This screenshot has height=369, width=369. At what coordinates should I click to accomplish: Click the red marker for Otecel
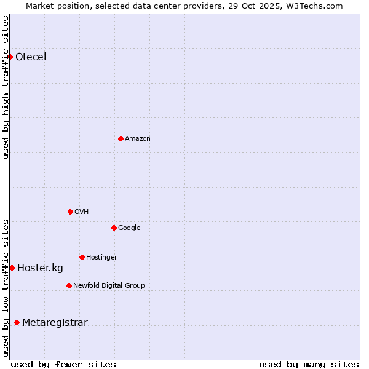(10, 57)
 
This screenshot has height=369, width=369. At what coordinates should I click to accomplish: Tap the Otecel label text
(31, 57)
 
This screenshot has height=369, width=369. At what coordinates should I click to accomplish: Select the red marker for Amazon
(121, 138)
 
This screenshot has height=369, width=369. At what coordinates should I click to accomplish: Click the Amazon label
(138, 139)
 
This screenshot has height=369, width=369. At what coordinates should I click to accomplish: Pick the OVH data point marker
(70, 212)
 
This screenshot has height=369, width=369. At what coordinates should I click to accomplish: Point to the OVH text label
(82, 212)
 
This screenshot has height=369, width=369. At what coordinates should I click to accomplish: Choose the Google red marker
(114, 228)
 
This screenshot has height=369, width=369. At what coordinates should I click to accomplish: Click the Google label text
(129, 228)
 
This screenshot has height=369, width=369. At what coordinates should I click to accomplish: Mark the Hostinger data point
(82, 257)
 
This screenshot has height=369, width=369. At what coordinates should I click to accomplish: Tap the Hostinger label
(101, 258)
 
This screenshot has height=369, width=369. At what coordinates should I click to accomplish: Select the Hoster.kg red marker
(12, 268)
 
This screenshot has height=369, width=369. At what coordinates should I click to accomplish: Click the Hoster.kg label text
(40, 268)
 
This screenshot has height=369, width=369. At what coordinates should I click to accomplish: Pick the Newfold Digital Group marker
(69, 285)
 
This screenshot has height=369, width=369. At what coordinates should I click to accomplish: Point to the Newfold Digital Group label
(109, 286)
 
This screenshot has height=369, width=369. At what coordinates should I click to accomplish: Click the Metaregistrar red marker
(17, 322)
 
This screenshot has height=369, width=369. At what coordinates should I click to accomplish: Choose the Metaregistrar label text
(55, 323)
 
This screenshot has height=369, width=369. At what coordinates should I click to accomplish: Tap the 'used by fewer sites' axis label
(63, 364)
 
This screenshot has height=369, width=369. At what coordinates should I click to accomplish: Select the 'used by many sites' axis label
(309, 364)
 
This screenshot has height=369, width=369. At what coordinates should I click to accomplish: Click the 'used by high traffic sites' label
(6, 87)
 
